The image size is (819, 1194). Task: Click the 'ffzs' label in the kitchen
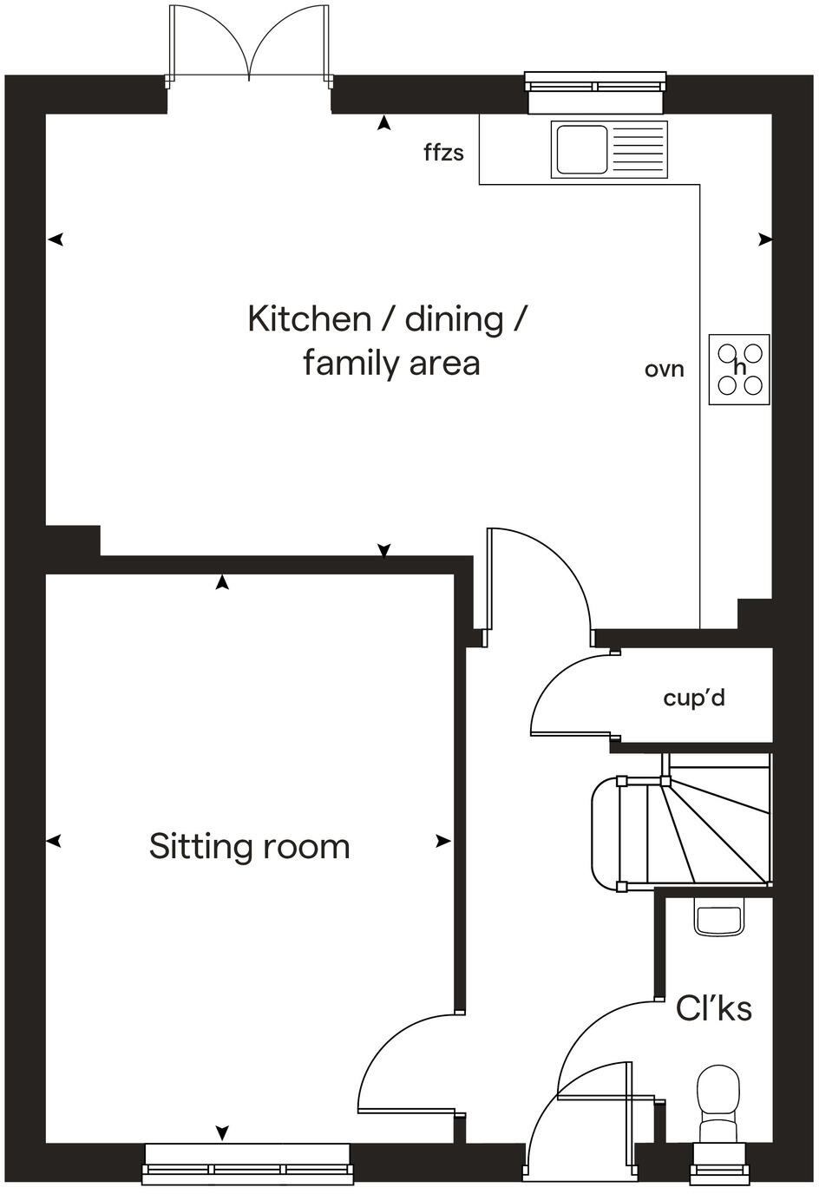pos(443,154)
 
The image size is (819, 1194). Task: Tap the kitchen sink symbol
pos(610,149)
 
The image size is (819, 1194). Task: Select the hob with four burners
pos(739,369)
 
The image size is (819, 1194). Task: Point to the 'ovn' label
pos(664,370)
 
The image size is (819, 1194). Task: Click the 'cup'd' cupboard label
pos(693,698)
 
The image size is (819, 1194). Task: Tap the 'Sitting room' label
pos(249,846)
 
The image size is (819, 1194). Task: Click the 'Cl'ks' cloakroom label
pos(713,1008)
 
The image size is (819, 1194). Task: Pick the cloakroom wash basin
pos(718,918)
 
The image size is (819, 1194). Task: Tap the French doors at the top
pos(250,43)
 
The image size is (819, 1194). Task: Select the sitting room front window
pos(248,1163)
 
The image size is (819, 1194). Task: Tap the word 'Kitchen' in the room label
pos(309,319)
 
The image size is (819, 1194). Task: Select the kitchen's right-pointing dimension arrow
pos(764,239)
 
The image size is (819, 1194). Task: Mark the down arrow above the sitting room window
pos(222,1132)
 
